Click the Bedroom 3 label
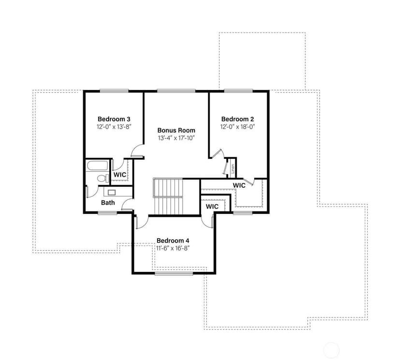(x=114, y=119)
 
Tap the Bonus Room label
(x=176, y=130)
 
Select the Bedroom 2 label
(x=238, y=119)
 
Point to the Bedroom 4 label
(x=173, y=241)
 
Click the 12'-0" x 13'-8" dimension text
(x=114, y=127)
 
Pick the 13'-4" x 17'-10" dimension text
(x=176, y=138)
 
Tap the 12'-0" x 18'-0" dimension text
(x=238, y=127)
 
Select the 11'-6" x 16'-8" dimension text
(x=173, y=248)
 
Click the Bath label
(x=108, y=203)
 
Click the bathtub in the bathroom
(x=98, y=166)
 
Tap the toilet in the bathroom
(x=103, y=178)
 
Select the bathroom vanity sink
(x=112, y=192)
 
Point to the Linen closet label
(x=233, y=168)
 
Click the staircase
(x=168, y=196)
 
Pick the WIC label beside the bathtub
(x=120, y=175)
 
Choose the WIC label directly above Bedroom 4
(x=212, y=207)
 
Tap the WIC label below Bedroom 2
(x=239, y=185)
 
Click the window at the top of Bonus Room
(x=176, y=90)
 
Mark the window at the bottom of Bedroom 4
(x=174, y=273)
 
